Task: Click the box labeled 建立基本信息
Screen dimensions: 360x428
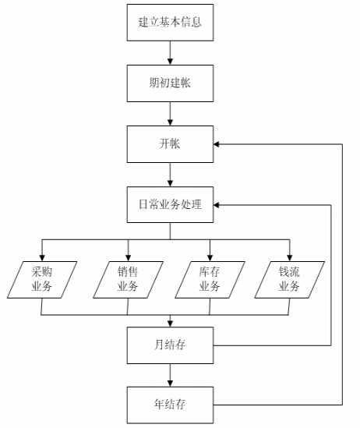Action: coord(170,23)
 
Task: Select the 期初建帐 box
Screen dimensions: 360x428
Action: coord(170,83)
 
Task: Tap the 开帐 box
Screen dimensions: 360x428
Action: coord(170,144)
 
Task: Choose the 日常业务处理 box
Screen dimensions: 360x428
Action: coord(170,205)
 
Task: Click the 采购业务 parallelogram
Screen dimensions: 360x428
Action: coord(42,280)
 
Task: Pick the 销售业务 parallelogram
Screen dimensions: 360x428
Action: coord(128,280)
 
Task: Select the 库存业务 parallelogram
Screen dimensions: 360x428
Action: coord(210,280)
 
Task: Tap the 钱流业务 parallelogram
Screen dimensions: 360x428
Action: coord(290,280)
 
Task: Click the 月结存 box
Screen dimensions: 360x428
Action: coord(170,345)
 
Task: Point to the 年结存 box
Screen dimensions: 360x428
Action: coord(170,405)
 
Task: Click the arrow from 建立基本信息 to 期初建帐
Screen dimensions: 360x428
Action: coord(170,53)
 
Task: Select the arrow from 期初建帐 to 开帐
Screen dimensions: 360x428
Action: coord(170,114)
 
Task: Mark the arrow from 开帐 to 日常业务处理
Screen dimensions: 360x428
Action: coord(170,175)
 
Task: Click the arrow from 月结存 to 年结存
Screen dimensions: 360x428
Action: coord(170,375)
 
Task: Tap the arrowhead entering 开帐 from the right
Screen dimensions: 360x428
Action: coord(217,144)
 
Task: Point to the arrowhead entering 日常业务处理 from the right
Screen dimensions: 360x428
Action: coord(217,205)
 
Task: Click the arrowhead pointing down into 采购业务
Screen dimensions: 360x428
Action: coord(42,258)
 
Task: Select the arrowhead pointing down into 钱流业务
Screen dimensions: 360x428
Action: coord(290,258)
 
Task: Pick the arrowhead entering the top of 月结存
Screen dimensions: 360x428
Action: coord(170,324)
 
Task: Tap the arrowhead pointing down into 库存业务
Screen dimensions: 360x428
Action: coord(210,258)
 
